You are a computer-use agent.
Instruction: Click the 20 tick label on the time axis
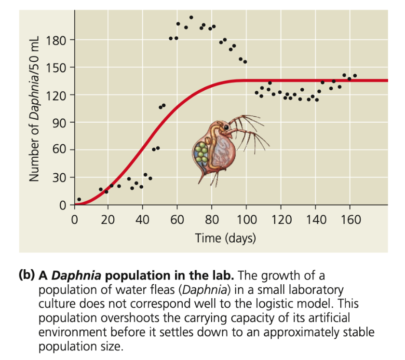point(108,220)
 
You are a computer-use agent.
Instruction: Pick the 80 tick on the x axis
point(212,220)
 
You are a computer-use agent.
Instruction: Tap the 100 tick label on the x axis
point(246,220)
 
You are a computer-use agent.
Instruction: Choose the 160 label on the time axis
point(350,220)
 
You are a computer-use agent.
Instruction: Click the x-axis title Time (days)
point(225,238)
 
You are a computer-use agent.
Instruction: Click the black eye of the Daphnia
point(226,127)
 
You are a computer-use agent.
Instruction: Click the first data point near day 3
point(79,199)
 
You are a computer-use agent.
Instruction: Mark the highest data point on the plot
point(191,17)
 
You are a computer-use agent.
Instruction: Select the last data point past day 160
point(355,76)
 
